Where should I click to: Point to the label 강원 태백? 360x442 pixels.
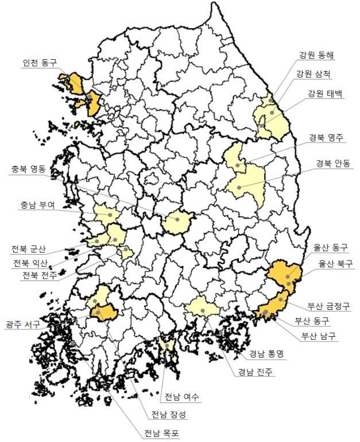325,94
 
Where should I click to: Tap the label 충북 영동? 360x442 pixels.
30,170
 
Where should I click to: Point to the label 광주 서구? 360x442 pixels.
23,325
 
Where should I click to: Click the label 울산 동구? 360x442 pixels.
330,248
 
